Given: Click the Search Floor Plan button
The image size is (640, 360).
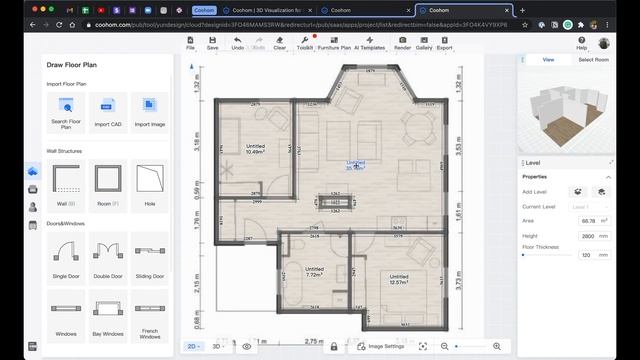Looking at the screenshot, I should [66, 111].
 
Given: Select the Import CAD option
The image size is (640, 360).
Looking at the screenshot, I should [108, 111].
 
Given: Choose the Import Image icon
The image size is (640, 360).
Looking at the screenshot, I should [149, 111].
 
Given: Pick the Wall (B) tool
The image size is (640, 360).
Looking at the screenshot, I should [66, 184].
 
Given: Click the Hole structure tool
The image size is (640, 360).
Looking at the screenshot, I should [149, 184].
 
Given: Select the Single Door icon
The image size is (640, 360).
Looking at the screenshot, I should [66, 257].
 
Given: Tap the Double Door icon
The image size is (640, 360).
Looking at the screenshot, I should [108, 257].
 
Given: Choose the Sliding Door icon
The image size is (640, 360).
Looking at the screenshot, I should [149, 257].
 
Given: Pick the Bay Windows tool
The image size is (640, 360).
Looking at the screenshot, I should [108, 314].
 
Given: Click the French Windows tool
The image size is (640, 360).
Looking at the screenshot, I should [149, 314].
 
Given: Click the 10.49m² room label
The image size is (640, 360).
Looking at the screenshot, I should [255, 150].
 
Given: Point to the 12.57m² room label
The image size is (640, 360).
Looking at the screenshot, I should [398, 279].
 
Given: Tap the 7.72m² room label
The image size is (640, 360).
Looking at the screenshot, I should [314, 272].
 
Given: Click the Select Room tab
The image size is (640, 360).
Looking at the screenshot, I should [594, 60].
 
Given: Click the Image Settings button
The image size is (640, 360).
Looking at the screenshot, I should [380, 346].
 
